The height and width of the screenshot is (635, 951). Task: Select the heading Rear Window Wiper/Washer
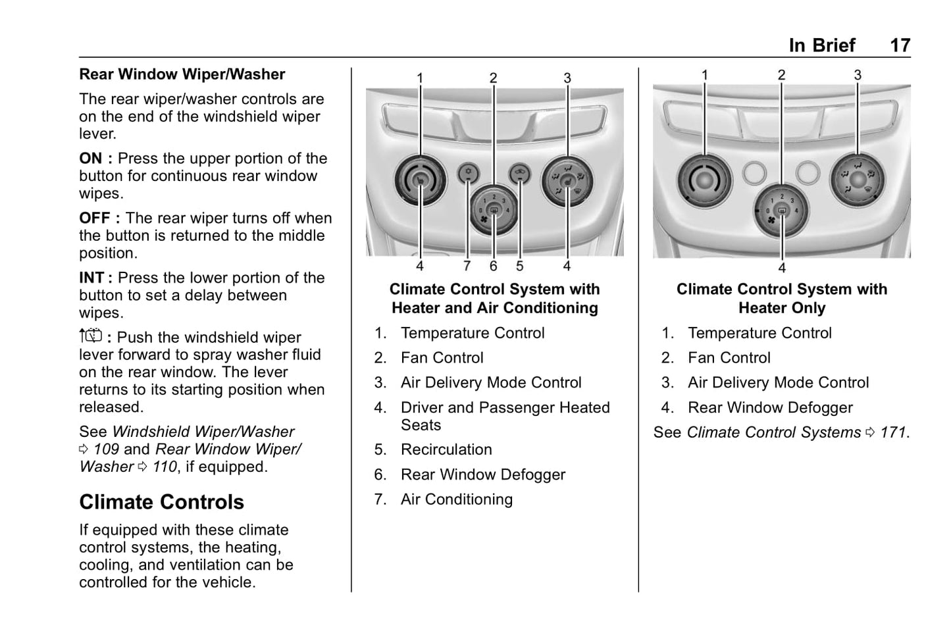(x=182, y=74)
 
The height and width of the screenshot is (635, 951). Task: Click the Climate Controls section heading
(x=161, y=502)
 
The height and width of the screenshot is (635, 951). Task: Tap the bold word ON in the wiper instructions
(x=91, y=159)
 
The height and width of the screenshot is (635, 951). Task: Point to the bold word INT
(x=93, y=278)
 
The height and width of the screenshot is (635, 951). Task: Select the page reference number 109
(x=106, y=449)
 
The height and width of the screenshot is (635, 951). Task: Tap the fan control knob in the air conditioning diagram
(x=494, y=212)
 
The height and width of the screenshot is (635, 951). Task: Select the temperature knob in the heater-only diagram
(x=705, y=180)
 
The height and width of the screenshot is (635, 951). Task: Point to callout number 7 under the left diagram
(x=467, y=266)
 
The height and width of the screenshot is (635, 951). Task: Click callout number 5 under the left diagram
(x=519, y=266)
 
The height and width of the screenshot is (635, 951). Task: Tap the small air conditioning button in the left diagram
(x=467, y=173)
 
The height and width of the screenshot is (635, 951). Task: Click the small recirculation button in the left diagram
(x=519, y=173)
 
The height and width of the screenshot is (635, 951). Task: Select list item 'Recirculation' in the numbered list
(x=446, y=449)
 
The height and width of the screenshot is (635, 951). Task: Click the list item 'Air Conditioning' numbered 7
(x=456, y=499)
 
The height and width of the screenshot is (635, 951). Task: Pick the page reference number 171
(x=893, y=432)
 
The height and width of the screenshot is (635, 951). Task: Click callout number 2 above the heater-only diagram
(x=781, y=75)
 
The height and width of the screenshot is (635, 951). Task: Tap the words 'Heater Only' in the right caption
(x=781, y=308)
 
